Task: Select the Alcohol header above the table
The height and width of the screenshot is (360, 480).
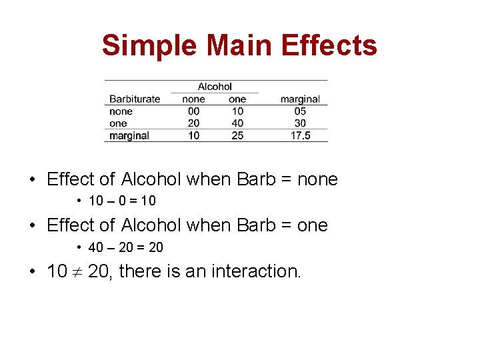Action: click(x=215, y=86)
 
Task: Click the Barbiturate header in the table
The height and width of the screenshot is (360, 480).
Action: click(x=135, y=99)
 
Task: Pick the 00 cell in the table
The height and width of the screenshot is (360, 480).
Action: click(x=193, y=111)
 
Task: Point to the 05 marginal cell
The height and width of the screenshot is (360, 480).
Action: click(x=300, y=111)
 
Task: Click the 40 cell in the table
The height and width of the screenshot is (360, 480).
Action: click(x=237, y=123)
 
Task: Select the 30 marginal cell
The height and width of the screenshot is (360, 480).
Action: click(x=300, y=123)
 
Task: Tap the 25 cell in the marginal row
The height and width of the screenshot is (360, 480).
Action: click(x=237, y=135)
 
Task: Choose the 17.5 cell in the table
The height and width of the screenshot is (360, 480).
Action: click(x=300, y=135)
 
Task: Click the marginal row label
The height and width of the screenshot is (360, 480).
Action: click(x=129, y=135)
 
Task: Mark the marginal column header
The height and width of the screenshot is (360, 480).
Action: click(x=300, y=99)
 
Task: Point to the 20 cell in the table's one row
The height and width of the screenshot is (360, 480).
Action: click(x=193, y=123)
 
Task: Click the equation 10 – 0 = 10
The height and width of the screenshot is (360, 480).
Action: click(x=122, y=201)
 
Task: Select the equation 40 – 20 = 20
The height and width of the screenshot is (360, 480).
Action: click(x=125, y=247)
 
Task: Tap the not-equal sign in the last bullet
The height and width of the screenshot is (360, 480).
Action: click(x=77, y=272)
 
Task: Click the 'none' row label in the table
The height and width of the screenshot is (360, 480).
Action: click(x=121, y=111)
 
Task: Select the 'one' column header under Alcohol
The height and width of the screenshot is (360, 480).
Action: click(x=237, y=99)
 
